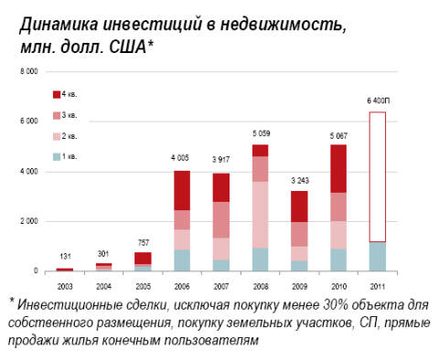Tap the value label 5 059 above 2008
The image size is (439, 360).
pyautogui.click(x=261, y=135)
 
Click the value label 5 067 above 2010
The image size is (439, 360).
pyautogui.click(x=339, y=135)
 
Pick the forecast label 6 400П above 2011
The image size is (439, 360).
pyautogui.click(x=379, y=101)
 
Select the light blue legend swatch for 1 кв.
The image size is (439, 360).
pyautogui.click(x=54, y=155)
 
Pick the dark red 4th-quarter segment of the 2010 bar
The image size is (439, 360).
pyautogui.click(x=339, y=168)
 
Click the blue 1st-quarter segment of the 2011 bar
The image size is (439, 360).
pyautogui.click(x=379, y=256)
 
